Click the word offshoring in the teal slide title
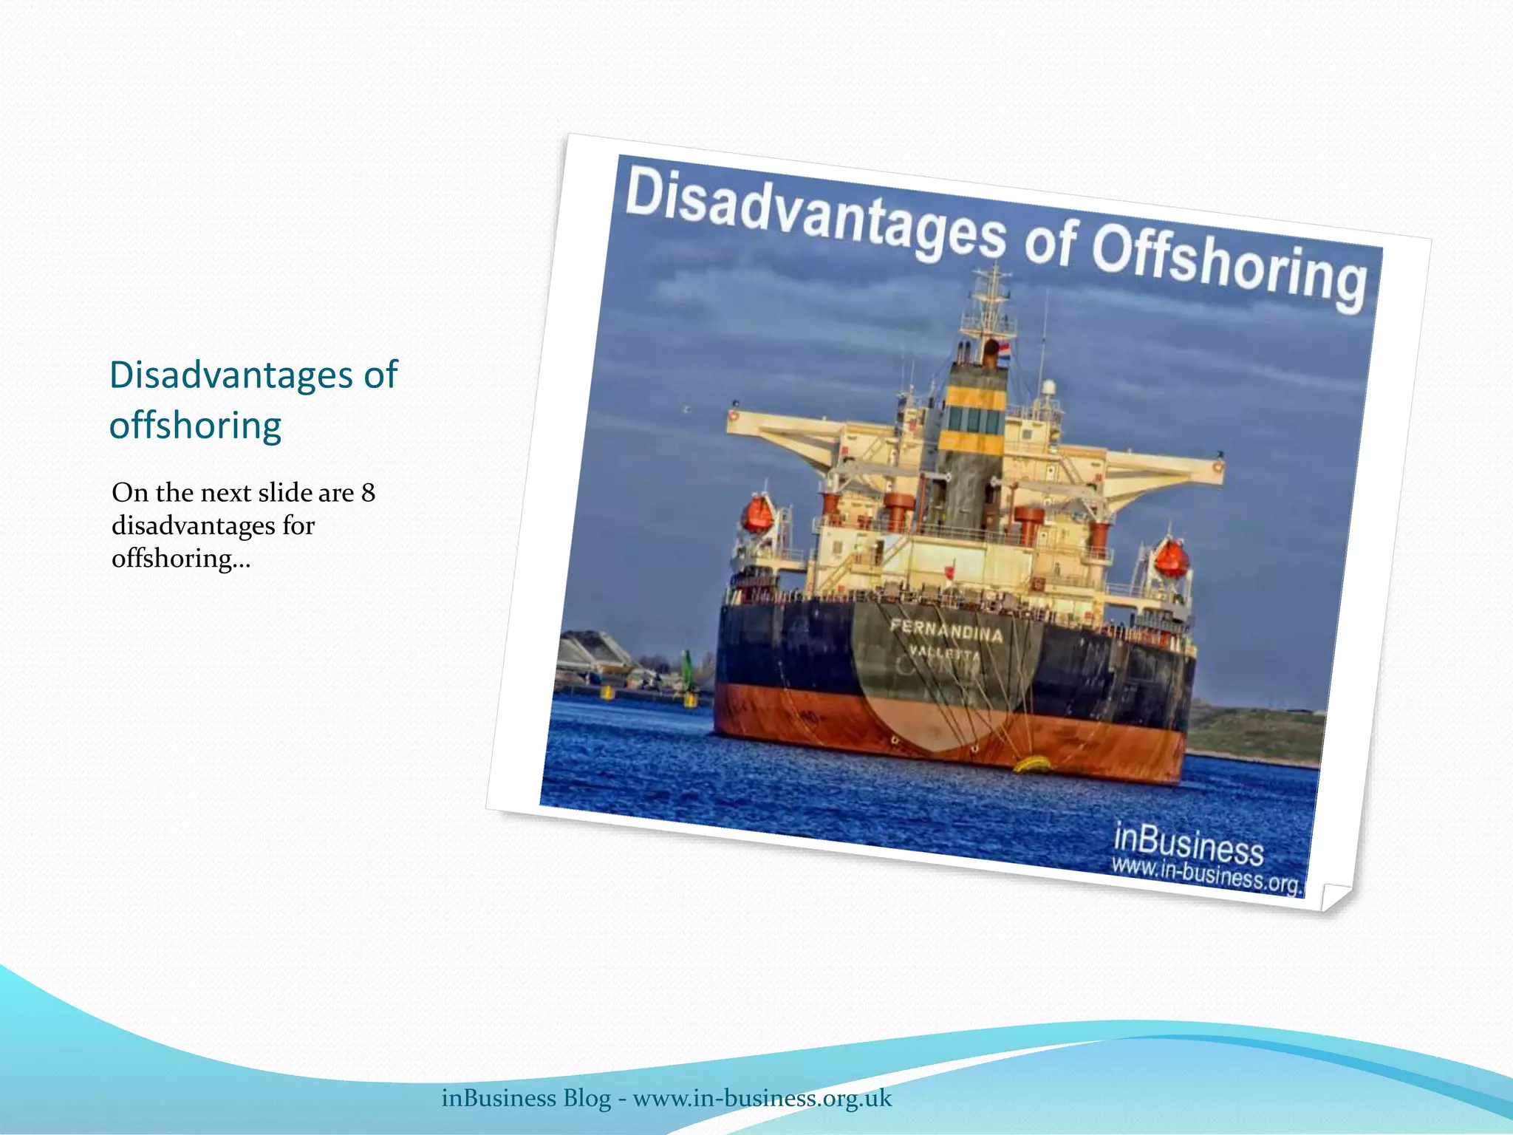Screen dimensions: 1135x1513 point(195,426)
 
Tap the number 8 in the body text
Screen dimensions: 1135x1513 point(368,493)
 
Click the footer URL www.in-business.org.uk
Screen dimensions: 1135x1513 point(762,1098)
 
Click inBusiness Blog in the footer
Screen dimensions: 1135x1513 point(526,1098)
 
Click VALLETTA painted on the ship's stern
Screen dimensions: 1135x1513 point(944,653)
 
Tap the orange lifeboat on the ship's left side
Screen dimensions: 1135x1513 point(757,514)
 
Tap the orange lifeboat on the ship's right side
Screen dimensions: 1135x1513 point(1171,558)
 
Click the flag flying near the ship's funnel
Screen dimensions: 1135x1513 point(1003,347)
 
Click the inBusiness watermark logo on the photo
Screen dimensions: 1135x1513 point(1188,843)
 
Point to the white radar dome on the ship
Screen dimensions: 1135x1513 point(1048,387)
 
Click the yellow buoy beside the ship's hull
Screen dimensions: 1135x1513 point(1033,762)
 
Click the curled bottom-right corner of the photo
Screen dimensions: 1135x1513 point(1334,896)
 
